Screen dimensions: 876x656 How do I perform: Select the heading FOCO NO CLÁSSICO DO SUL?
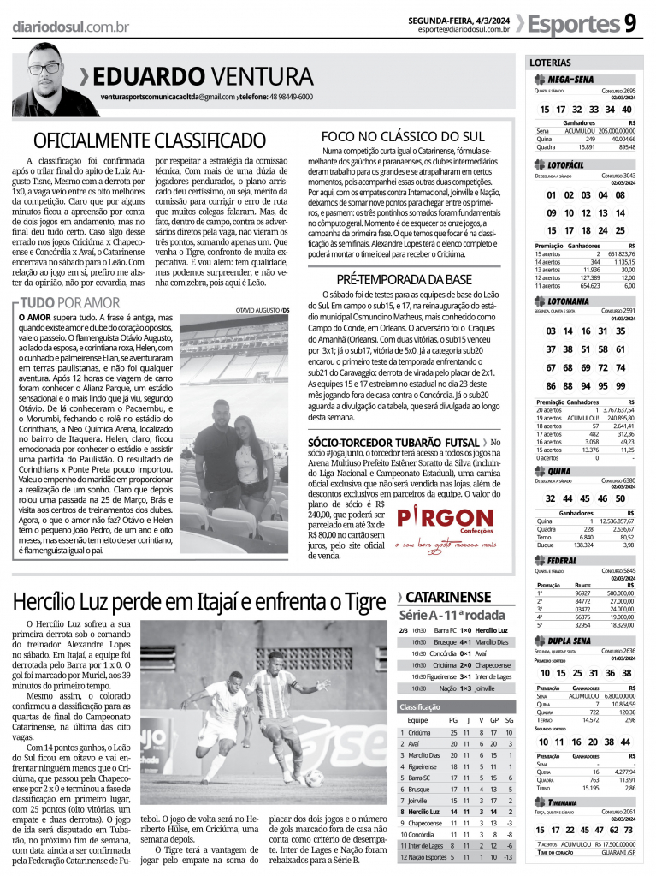click(402, 136)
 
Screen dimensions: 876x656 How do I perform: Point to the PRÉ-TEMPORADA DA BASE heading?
click(405, 279)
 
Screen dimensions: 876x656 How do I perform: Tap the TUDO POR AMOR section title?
click(69, 302)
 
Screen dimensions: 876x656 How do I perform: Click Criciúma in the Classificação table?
click(419, 733)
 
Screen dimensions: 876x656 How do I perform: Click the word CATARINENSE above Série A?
click(448, 597)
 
